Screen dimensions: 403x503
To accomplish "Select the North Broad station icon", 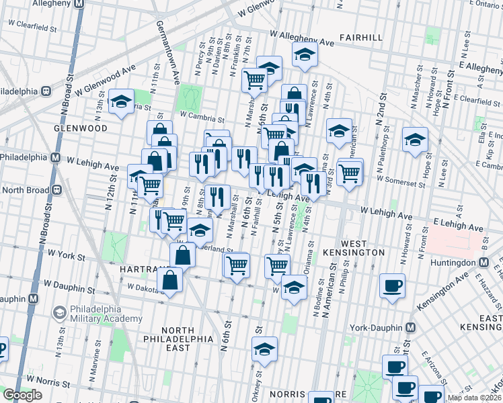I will pos(57,190).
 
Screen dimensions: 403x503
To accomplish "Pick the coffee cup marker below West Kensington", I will pos(392,285).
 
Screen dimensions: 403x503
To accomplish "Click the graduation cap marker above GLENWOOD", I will pos(121,102).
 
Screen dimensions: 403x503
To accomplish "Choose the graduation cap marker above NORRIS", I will pos(265,349).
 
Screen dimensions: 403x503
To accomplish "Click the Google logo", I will pos(23,395).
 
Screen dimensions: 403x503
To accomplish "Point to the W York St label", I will pos(66,256).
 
